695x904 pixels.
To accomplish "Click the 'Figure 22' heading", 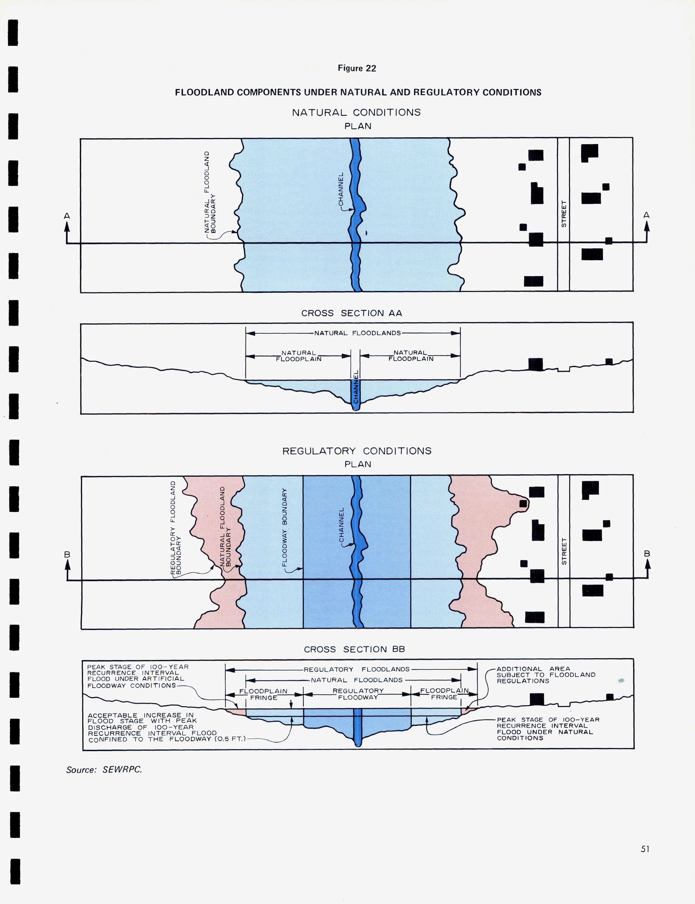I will [x=357, y=68].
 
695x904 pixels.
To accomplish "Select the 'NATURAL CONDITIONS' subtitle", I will [x=356, y=113].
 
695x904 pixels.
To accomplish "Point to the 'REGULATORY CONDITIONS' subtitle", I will [x=357, y=451].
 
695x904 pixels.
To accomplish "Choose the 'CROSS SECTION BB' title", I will [x=354, y=649].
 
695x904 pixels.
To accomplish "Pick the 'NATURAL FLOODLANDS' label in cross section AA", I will [x=357, y=333].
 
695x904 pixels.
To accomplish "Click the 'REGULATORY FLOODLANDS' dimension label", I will [x=357, y=669].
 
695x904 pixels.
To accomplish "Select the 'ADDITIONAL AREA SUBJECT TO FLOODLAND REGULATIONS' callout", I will [x=546, y=675].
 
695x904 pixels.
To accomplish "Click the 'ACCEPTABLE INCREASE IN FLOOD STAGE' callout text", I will [x=152, y=727].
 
